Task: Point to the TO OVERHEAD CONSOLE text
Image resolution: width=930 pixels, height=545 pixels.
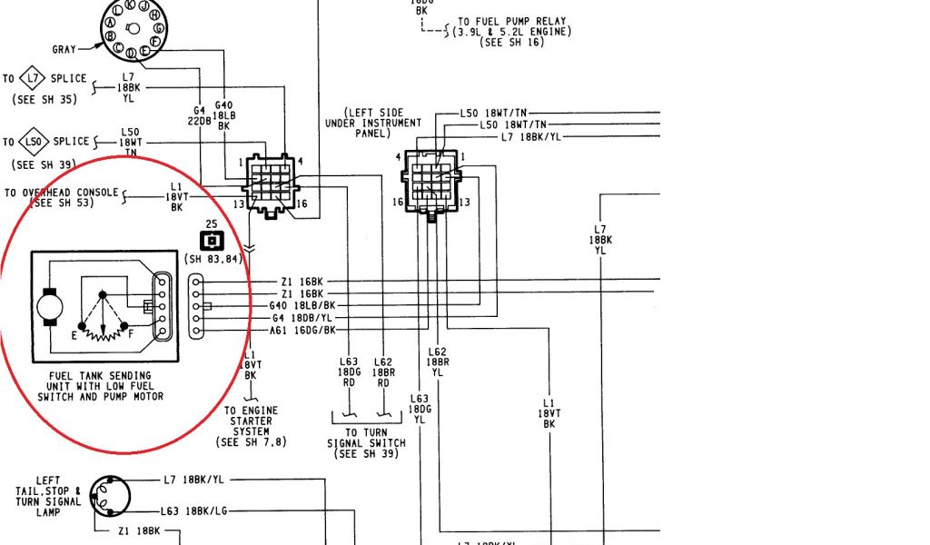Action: pyautogui.click(x=61, y=193)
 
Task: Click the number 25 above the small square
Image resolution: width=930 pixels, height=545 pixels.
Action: pyautogui.click(x=211, y=224)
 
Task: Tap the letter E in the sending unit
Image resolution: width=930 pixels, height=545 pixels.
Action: pyautogui.click(x=74, y=334)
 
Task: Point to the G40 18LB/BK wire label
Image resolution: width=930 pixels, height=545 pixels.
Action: pyautogui.click(x=303, y=306)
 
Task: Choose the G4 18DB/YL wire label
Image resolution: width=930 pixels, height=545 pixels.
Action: pyautogui.click(x=303, y=319)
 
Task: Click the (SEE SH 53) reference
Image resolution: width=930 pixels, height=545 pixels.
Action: pyautogui.click(x=61, y=204)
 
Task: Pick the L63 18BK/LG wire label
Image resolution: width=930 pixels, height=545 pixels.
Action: pyautogui.click(x=194, y=511)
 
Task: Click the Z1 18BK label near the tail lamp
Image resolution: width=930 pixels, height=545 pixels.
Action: pyautogui.click(x=139, y=530)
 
